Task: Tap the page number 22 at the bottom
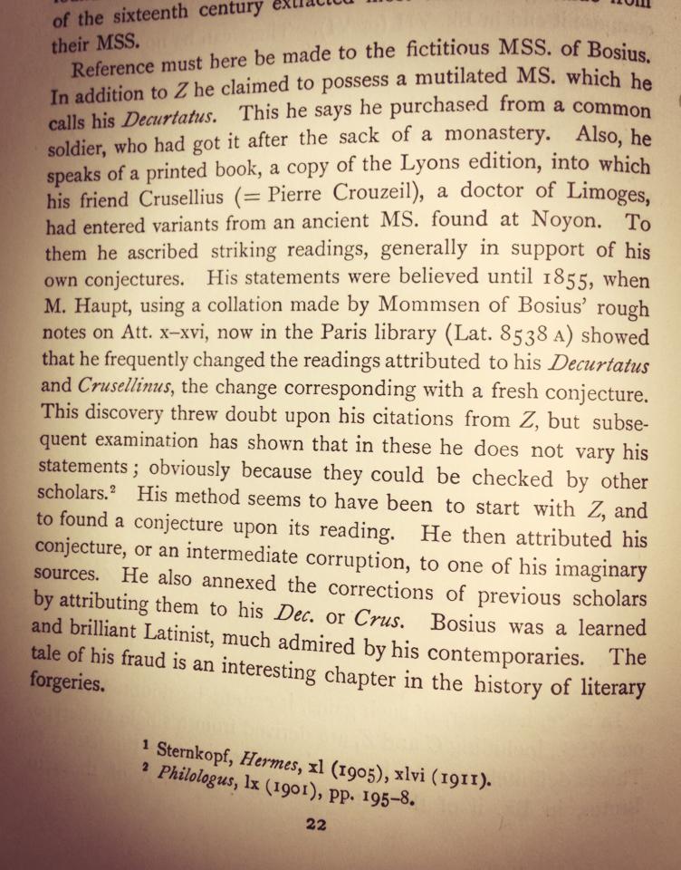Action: coord(315,825)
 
